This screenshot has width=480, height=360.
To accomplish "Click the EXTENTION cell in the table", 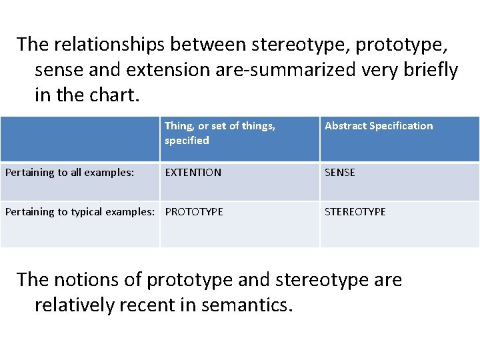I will click(x=193, y=173).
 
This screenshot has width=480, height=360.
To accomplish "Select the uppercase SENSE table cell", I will click(x=339, y=173).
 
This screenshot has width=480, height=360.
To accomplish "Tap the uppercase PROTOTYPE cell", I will click(x=194, y=212).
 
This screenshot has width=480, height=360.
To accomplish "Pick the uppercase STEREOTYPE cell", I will click(x=355, y=212).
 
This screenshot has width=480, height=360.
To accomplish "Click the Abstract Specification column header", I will click(x=378, y=126).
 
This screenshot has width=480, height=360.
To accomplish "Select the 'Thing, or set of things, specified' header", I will click(x=219, y=133).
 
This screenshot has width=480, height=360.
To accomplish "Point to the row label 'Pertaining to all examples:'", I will click(x=70, y=173).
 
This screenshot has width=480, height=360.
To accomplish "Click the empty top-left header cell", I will click(x=80, y=139).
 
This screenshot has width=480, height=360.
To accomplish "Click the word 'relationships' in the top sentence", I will click(x=111, y=44).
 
